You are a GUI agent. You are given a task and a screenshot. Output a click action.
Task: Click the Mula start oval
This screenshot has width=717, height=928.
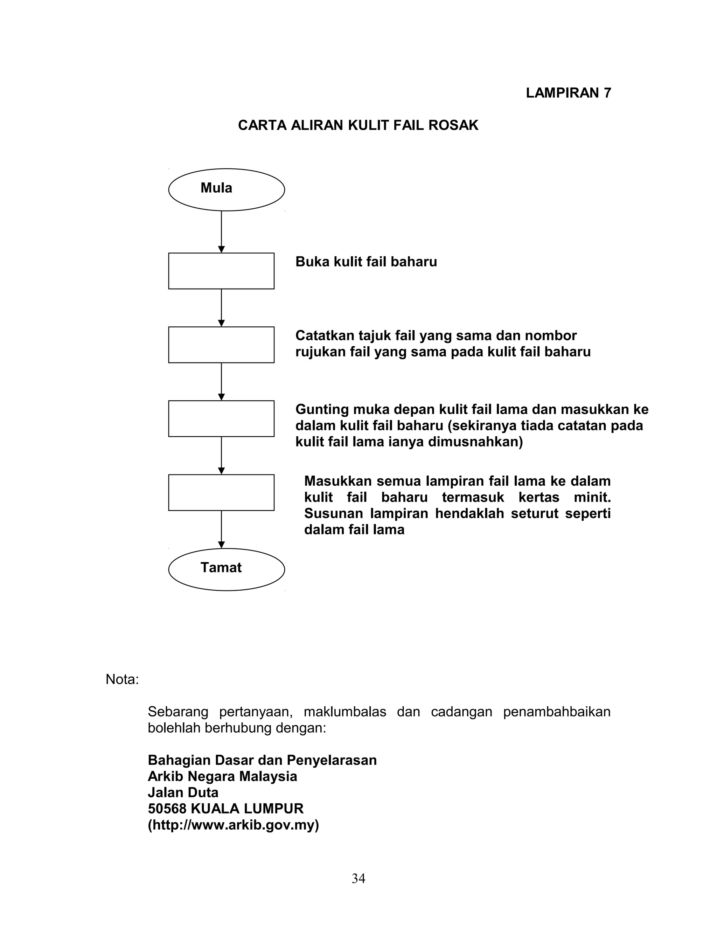click(x=227, y=189)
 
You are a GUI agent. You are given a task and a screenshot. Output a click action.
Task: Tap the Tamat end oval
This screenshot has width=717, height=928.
click(x=227, y=569)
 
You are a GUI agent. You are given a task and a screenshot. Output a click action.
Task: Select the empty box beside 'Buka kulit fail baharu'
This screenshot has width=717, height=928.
click(x=221, y=271)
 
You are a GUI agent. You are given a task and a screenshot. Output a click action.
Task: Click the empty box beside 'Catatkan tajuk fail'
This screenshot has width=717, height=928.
click(x=221, y=345)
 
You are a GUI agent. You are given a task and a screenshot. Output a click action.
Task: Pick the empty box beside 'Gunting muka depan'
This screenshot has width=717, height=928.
click(x=221, y=418)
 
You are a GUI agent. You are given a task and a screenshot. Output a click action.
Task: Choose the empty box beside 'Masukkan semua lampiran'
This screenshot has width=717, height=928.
click(x=221, y=492)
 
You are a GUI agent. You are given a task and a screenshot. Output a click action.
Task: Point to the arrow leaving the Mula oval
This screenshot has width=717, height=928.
click(x=221, y=231)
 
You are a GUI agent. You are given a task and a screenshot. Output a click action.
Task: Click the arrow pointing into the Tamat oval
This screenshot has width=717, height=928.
click(x=221, y=529)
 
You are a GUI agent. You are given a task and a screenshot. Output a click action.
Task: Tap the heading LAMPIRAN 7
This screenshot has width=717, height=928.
click(x=568, y=93)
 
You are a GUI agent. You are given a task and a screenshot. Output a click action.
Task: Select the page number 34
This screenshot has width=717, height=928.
click(x=358, y=878)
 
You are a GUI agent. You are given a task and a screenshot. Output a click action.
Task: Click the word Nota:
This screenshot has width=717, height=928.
click(x=122, y=679)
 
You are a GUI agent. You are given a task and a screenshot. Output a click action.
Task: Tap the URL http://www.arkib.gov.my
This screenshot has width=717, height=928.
click(x=233, y=825)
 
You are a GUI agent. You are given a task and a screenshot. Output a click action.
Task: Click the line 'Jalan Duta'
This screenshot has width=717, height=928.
click(x=183, y=792)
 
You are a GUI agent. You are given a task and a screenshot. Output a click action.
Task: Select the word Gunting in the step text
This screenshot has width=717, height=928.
click(x=322, y=410)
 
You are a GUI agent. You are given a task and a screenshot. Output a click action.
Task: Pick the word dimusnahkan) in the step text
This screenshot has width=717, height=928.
click(x=475, y=442)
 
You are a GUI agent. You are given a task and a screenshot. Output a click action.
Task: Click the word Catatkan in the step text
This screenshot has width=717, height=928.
click(x=325, y=336)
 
